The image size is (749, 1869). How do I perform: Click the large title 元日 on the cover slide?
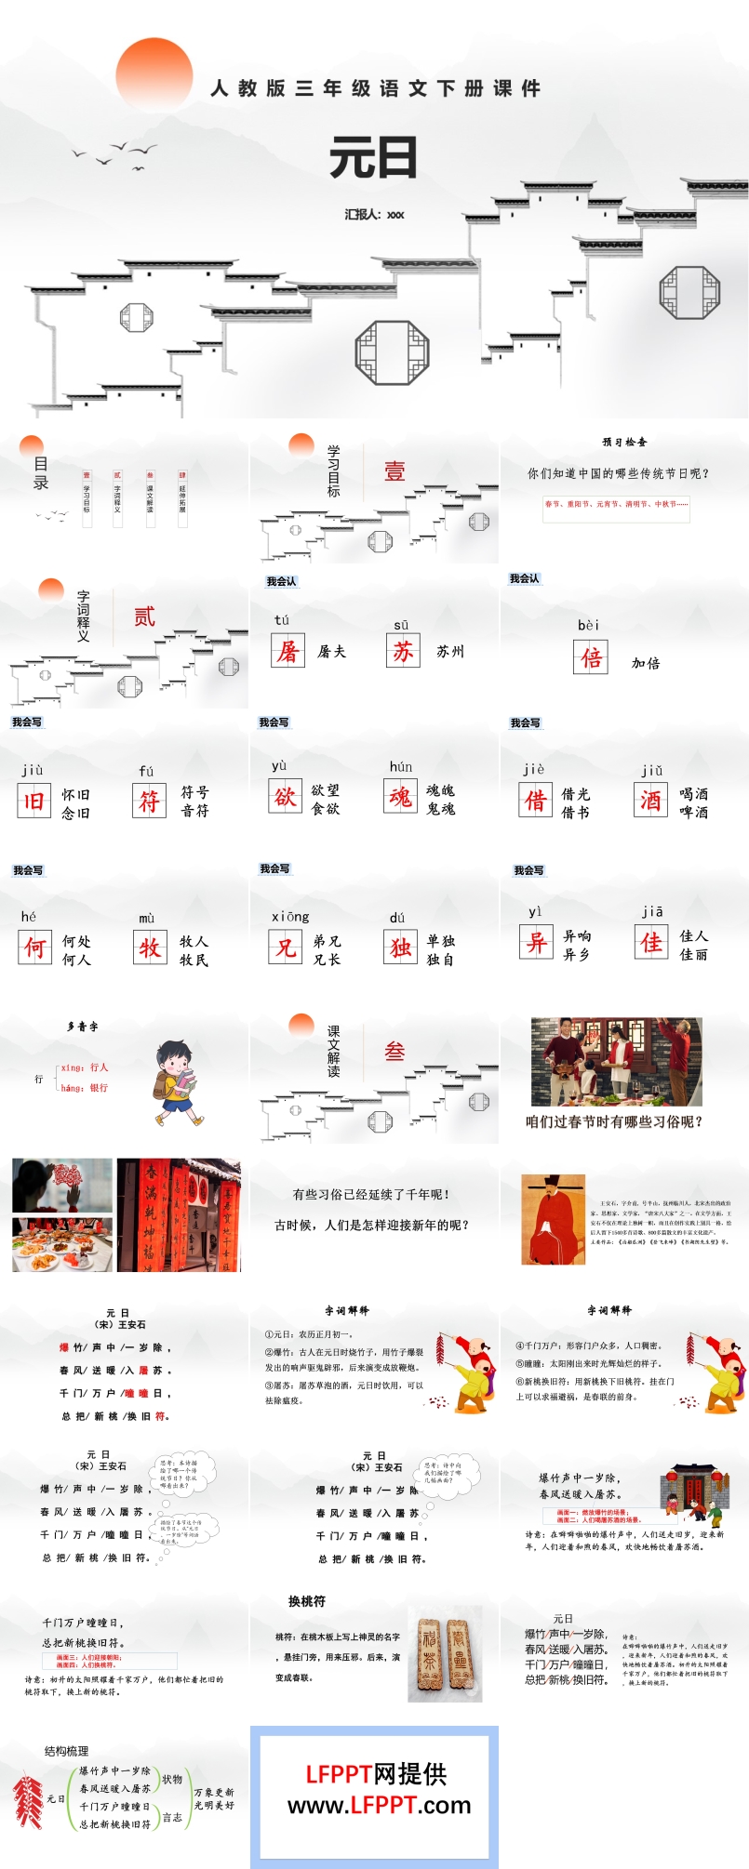coord(373,158)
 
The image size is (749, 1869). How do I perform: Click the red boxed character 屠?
coord(288,651)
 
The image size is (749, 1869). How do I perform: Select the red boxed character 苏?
coord(403,651)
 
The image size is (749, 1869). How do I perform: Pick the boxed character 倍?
coord(591,657)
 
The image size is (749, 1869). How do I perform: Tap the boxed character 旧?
coord(34,801)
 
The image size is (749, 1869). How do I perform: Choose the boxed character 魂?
coord(401,796)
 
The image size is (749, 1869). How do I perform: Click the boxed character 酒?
coord(651,799)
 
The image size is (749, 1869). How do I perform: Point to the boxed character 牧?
coord(150,948)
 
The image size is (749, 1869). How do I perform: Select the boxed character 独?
coord(401,947)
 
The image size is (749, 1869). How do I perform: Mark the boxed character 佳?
coord(652,943)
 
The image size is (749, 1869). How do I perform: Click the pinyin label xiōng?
coord(290,917)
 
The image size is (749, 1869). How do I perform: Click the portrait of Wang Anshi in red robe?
coord(553,1218)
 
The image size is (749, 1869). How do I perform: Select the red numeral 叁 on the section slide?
coord(395,1052)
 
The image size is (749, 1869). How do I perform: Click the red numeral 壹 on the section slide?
coord(395,471)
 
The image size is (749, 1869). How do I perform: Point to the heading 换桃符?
coord(307,1601)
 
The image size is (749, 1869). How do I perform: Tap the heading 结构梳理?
coord(67,1751)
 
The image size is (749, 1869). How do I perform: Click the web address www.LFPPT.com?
coord(379,1805)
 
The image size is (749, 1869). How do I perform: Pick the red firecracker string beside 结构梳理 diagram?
coord(28,1801)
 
